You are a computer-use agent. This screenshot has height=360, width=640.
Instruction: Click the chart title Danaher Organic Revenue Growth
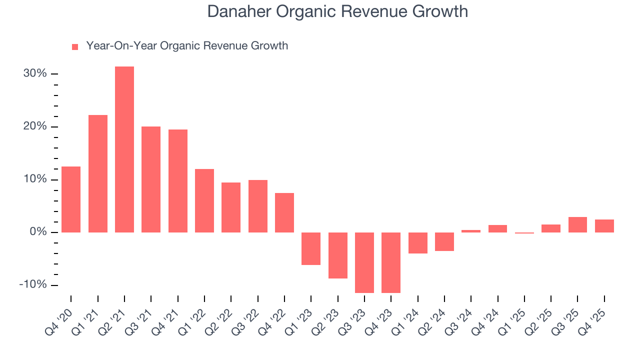[337, 11]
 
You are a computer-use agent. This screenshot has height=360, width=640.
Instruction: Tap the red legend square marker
[75, 47]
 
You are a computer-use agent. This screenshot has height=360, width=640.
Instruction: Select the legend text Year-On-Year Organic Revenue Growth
[187, 46]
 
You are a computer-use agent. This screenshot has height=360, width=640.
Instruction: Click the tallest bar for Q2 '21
[124, 149]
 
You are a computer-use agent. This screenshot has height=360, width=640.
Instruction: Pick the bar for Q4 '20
[71, 199]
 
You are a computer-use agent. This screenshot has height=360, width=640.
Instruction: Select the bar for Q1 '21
[98, 173]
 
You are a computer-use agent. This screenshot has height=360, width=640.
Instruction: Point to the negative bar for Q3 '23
[364, 262]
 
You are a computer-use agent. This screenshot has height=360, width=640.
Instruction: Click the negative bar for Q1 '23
[311, 248]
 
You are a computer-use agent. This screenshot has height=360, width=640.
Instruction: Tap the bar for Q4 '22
[284, 212]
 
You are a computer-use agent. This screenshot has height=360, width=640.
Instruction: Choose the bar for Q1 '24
[418, 243]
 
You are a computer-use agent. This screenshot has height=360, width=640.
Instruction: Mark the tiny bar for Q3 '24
[471, 231]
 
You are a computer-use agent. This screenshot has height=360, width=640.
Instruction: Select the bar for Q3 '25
[577, 224]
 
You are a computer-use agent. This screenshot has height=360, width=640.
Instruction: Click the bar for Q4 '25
[604, 226]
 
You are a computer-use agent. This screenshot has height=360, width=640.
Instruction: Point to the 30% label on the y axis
[35, 74]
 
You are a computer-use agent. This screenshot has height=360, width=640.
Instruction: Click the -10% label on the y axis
[33, 285]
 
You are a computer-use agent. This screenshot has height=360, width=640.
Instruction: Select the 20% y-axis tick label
[35, 126]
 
